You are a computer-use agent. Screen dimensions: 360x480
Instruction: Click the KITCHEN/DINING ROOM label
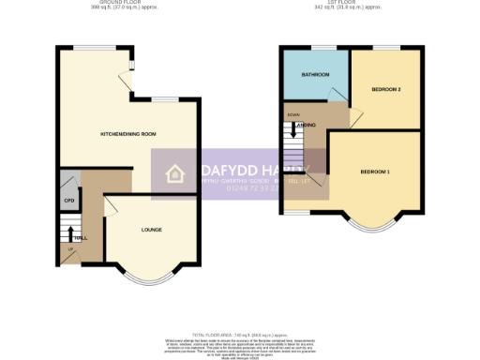point(128,135)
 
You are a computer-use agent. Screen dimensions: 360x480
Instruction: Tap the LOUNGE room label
point(151,230)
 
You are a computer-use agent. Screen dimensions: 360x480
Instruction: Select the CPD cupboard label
point(68,201)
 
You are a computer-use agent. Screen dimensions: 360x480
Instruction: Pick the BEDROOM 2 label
point(385,90)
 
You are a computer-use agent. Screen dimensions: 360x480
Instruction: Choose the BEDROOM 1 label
point(375,172)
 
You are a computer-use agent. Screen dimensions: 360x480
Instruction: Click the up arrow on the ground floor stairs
point(67,232)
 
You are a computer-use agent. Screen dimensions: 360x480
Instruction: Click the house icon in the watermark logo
point(174,173)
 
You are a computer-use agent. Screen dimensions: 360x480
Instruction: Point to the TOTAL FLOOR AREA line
point(239,335)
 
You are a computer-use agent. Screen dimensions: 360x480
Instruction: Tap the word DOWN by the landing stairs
point(293,114)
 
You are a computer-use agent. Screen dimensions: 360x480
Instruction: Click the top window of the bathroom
point(324,47)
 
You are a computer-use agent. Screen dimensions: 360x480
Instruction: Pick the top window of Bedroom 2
point(385,47)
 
